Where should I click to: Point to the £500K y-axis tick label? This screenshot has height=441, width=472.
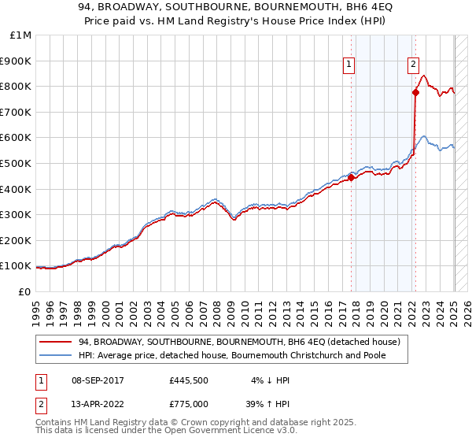17,163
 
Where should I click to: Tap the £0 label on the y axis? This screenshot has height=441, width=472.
25,291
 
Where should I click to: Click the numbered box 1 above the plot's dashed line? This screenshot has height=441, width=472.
348,65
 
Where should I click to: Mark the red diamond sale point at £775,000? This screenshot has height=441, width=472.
415,93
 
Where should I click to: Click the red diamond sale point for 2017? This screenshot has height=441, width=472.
352,177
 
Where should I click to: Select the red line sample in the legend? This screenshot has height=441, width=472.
56,342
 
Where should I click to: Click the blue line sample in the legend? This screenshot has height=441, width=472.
56,355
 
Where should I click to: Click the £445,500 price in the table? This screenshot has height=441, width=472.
187,380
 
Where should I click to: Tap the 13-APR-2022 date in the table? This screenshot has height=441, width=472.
97,403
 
